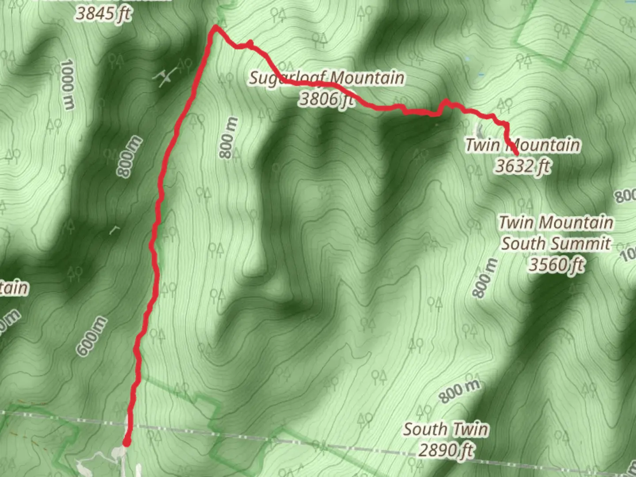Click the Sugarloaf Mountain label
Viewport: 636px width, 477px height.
pyautogui.click(x=326, y=78)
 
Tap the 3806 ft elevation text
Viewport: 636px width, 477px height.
pyautogui.click(x=326, y=99)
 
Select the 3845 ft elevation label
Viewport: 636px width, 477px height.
pyautogui.click(x=103, y=13)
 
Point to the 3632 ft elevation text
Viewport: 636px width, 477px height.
pyautogui.click(x=523, y=166)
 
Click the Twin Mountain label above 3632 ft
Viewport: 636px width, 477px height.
pyautogui.click(x=522, y=145)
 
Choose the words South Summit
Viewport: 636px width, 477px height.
pyautogui.click(x=556, y=243)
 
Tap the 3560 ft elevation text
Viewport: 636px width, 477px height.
pyautogui.click(x=556, y=265)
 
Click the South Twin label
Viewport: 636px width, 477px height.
pyautogui.click(x=446, y=429)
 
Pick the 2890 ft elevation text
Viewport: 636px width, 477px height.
pyautogui.click(x=446, y=450)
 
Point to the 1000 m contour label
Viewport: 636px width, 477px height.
pyautogui.click(x=67, y=84)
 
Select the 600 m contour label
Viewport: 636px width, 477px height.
pyautogui.click(x=91, y=337)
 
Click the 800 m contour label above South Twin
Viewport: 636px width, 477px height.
pyautogui.click(x=459, y=391)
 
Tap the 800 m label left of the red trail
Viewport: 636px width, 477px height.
pyautogui.click(x=129, y=157)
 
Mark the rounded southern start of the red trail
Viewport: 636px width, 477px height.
pyautogui.click(x=127, y=443)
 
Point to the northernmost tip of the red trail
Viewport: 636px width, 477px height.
pyautogui.click(x=216, y=27)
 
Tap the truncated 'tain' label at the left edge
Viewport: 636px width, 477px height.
pyautogui.click(x=14, y=288)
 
